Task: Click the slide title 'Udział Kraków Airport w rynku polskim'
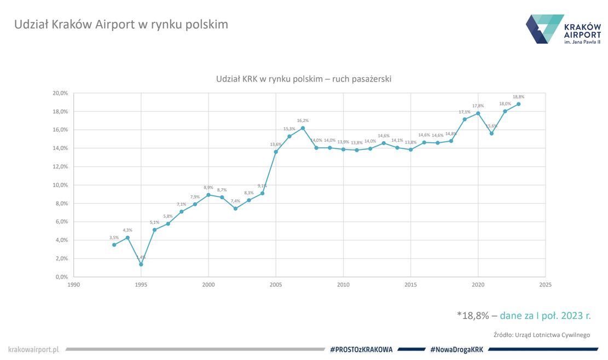(x=121, y=25)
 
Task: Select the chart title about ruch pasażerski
(x=304, y=79)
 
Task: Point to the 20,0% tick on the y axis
(x=60, y=94)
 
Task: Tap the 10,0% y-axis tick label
(x=60, y=185)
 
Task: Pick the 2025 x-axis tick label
(x=545, y=284)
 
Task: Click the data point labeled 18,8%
(x=518, y=104)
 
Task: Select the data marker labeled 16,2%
(x=303, y=128)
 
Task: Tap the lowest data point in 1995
(x=141, y=264)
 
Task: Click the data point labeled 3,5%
(x=114, y=245)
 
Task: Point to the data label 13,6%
(x=275, y=144)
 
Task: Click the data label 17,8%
(x=478, y=106)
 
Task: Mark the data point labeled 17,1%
(x=465, y=119)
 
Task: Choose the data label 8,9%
(x=208, y=187)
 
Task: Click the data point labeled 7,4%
(x=235, y=208)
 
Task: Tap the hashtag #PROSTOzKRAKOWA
(x=362, y=349)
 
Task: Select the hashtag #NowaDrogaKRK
(x=456, y=349)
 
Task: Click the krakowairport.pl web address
(x=33, y=349)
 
